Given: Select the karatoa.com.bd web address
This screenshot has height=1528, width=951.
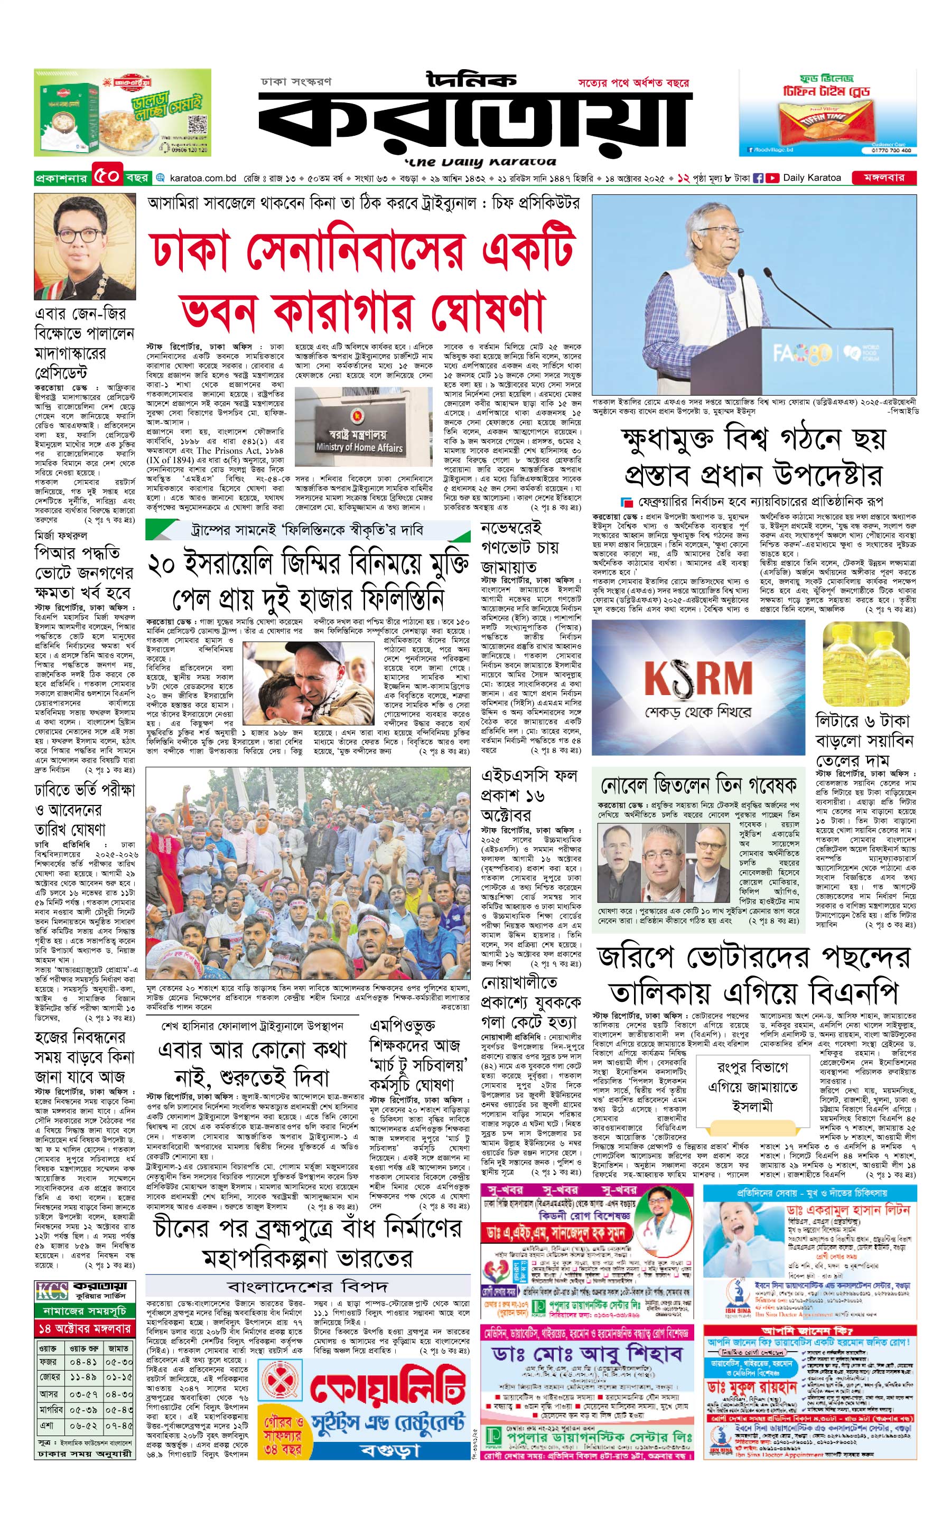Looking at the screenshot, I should click(x=202, y=178).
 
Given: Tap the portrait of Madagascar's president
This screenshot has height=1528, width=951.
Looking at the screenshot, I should click(x=85, y=247).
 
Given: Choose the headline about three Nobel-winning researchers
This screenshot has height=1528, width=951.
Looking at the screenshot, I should click(x=698, y=785).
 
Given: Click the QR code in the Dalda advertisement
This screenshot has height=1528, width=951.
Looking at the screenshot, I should click(x=197, y=123).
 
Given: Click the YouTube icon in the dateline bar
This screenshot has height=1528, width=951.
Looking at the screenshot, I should click(x=772, y=178).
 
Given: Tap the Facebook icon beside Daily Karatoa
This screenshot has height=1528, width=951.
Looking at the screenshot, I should click(x=759, y=178).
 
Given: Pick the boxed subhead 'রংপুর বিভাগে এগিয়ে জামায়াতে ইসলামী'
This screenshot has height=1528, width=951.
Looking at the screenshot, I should click(x=752, y=1086).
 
